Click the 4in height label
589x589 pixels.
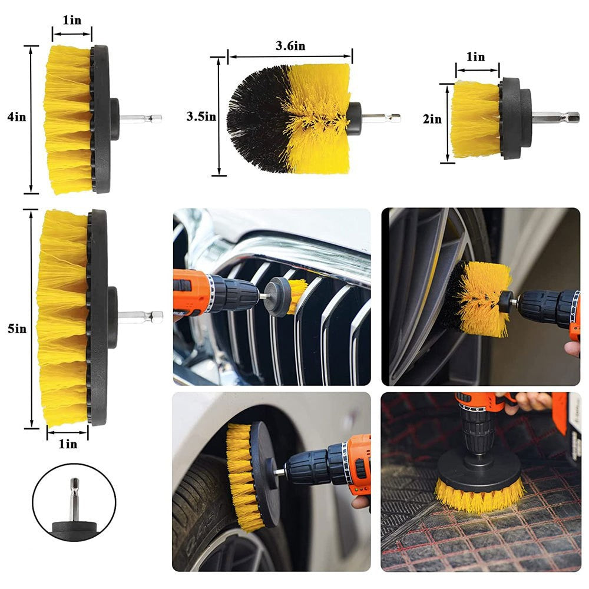(16, 117)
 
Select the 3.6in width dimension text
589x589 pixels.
(290, 46)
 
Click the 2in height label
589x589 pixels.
(433, 120)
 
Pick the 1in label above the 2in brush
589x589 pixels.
(475, 57)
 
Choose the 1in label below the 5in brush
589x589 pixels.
(68, 444)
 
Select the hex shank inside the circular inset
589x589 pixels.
(74, 498)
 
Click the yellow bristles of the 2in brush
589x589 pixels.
(475, 120)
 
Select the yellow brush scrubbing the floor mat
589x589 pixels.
(478, 494)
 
